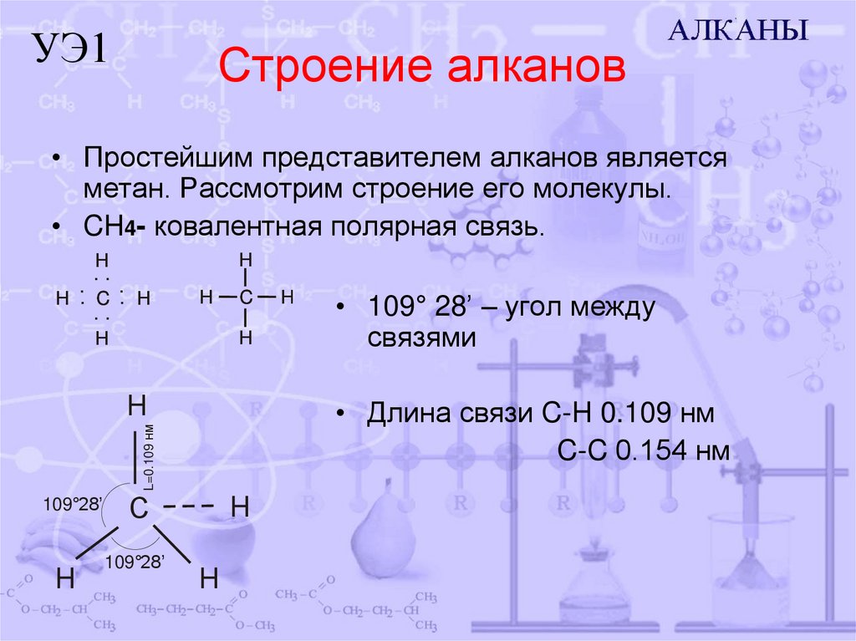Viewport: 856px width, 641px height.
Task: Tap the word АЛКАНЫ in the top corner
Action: [739, 31]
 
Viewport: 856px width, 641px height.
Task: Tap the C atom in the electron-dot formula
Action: [102, 298]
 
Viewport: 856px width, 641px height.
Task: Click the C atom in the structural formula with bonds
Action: [246, 297]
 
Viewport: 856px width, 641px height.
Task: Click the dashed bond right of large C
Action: [189, 506]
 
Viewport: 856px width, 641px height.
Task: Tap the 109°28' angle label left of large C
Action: [73, 503]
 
